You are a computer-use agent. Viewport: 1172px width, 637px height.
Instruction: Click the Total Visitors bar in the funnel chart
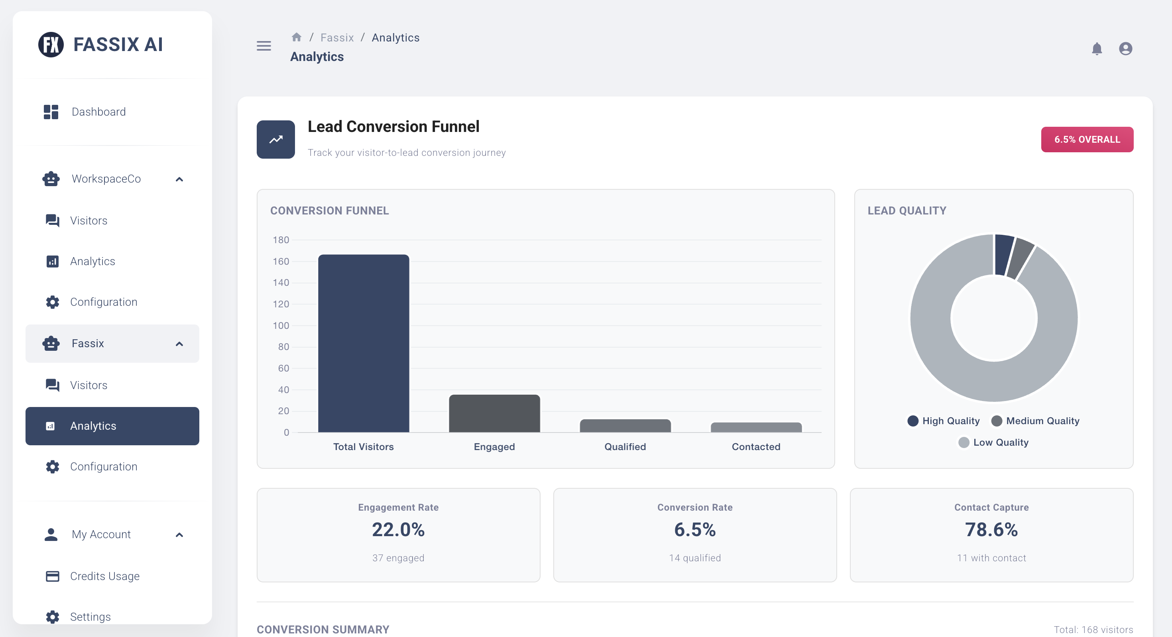point(364,344)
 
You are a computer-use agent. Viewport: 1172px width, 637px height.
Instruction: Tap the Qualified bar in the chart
point(625,426)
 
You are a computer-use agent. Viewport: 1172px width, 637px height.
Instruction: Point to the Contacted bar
point(756,428)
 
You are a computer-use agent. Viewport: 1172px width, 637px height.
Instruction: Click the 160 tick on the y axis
point(281,261)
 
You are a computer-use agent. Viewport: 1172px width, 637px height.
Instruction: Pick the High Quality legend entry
point(944,421)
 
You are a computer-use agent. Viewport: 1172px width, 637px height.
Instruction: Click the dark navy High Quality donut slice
point(1003,255)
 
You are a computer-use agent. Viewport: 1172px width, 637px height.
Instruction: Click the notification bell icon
point(1097,49)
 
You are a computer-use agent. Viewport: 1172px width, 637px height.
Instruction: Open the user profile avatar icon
point(1125,49)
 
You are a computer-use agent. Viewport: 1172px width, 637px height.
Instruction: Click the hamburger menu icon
point(264,46)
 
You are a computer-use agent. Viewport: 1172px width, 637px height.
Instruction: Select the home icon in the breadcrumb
point(297,37)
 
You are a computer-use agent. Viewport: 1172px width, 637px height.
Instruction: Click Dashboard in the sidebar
point(99,112)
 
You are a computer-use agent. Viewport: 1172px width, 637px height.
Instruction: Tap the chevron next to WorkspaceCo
point(179,179)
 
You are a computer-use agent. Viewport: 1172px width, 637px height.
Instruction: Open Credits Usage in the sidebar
point(104,576)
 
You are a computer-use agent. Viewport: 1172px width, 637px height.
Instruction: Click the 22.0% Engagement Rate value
point(398,530)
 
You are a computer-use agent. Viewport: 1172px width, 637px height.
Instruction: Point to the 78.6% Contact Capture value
point(991,530)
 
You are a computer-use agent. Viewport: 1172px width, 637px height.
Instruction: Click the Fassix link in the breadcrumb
point(337,38)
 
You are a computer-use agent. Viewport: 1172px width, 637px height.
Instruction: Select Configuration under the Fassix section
point(103,466)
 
